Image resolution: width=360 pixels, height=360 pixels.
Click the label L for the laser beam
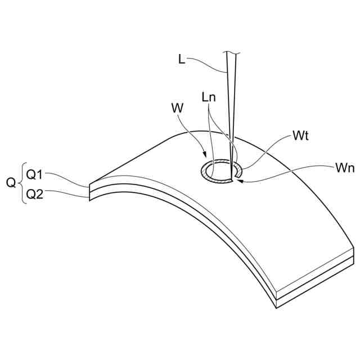click(181, 59)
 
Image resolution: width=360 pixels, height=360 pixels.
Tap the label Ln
click(208, 97)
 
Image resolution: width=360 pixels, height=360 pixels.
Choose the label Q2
click(35, 195)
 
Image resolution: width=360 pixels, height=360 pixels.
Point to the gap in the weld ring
click(237, 177)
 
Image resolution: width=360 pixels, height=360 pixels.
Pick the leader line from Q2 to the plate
click(67, 195)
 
